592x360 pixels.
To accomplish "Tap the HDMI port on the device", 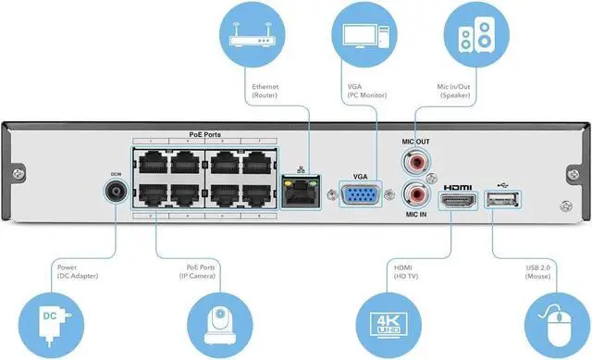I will pos(457,200).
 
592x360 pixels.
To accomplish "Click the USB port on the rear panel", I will pos(502,200).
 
